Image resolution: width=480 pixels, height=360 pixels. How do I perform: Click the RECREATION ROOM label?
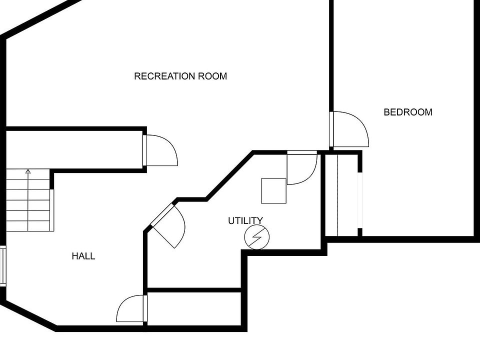coord(180,76)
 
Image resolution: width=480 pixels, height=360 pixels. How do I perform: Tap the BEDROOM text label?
coord(407,112)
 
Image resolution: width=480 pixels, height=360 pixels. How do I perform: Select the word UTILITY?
coord(245,220)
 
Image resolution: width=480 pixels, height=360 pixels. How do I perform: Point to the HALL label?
coord(83,256)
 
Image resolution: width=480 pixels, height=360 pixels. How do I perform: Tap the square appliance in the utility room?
coord(273,191)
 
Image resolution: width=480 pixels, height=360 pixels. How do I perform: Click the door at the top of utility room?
coord(302,168)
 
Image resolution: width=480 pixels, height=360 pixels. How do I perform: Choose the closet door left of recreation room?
coord(161,150)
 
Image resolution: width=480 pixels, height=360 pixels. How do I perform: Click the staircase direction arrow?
coord(28,172)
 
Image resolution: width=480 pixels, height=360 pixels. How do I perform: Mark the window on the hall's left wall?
coord(2,266)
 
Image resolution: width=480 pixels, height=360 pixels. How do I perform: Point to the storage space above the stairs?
coord(75,149)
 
